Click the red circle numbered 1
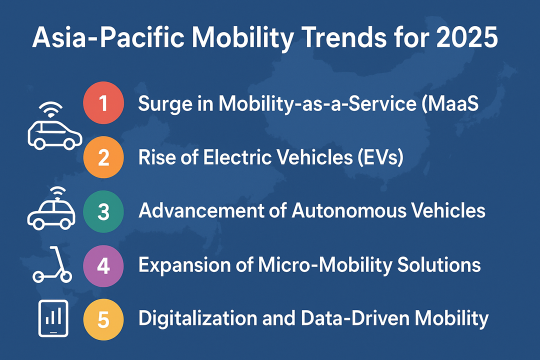pos(103,104)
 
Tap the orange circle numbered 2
pos(103,158)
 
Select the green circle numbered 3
pos(103,211)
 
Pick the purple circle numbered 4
pos(103,265)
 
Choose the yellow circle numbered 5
pos(103,319)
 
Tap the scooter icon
pos(51,264)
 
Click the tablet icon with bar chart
pos(52,318)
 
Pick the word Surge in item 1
pos(163,104)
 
